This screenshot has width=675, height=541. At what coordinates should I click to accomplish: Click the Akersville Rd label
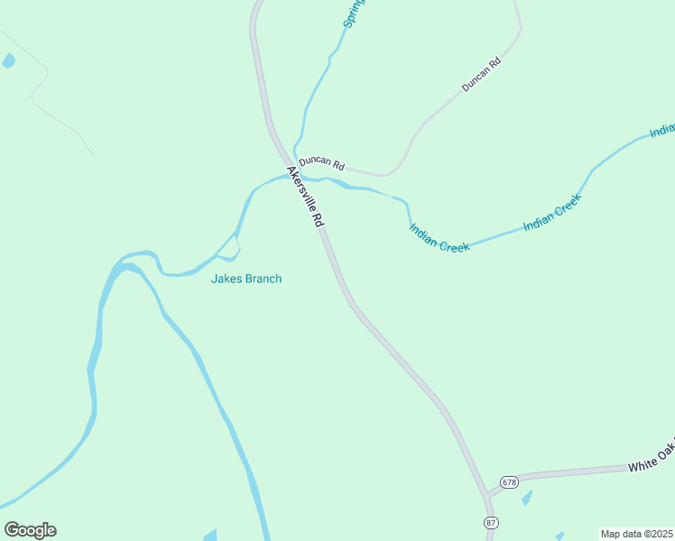point(305,196)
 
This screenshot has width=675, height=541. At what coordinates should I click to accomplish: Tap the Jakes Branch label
point(246,279)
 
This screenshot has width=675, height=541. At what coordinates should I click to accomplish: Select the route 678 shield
point(510,482)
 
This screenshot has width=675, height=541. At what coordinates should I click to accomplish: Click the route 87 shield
point(491,523)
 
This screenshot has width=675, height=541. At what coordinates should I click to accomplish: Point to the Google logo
point(30,529)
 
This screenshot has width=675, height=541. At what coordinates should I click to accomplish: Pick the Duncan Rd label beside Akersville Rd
point(322,163)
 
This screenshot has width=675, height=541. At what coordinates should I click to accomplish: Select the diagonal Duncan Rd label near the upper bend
point(481,76)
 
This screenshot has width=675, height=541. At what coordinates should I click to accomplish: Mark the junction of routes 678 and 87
point(487,495)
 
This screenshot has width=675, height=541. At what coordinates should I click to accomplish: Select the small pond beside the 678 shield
point(527,497)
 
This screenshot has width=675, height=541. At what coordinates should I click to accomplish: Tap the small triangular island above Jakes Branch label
point(232,246)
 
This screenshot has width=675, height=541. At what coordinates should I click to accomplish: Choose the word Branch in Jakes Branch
point(262,279)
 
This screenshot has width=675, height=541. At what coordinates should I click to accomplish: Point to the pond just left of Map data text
point(559,536)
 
